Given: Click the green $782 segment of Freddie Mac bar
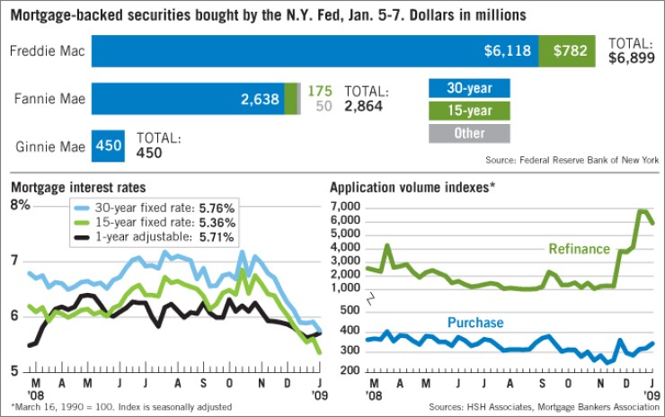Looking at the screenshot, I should pyautogui.click(x=570, y=51).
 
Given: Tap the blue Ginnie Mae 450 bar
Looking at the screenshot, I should pyautogui.click(x=109, y=146).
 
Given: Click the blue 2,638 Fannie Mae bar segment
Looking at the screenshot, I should pyautogui.click(x=188, y=99).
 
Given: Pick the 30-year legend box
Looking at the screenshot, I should pyautogui.click(x=469, y=88).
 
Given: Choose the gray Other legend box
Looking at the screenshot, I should pyautogui.click(x=469, y=133).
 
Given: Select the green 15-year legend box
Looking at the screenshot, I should pyautogui.click(x=469, y=111).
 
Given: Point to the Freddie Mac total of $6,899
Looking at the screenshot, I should pyautogui.click(x=633, y=50).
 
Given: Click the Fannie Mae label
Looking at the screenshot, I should pyautogui.click(x=49, y=99).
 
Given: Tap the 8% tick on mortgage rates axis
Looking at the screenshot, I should pyautogui.click(x=20, y=205).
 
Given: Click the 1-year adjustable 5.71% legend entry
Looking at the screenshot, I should pyautogui.click(x=155, y=237).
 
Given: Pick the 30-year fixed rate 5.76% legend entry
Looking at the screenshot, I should pyautogui.click(x=155, y=207).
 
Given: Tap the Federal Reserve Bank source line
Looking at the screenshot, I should pyautogui.click(x=571, y=160).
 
